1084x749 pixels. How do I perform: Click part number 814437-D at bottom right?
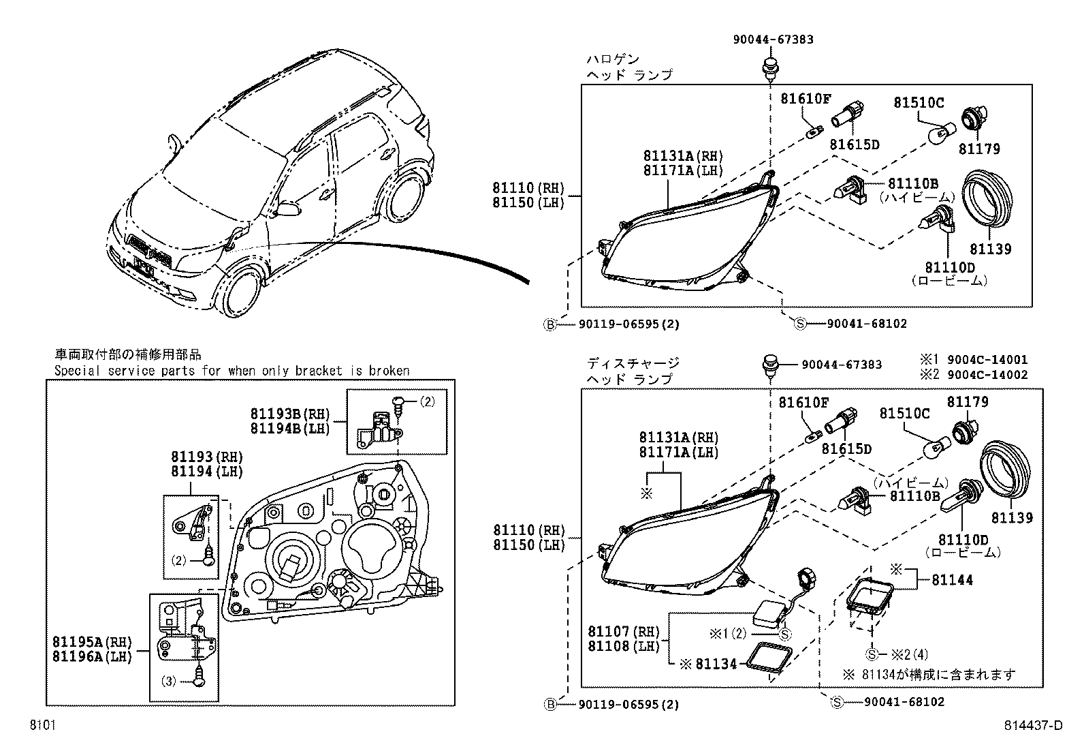(x=1033, y=726)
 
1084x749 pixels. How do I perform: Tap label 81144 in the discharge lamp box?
(x=952, y=580)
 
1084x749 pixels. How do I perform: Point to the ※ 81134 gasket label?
(x=708, y=663)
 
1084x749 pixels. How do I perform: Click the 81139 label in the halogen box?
(x=991, y=249)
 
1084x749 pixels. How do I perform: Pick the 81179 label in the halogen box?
(x=979, y=149)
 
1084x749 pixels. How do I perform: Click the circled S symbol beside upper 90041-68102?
(x=800, y=324)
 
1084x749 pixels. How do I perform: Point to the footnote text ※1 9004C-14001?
(x=974, y=360)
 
